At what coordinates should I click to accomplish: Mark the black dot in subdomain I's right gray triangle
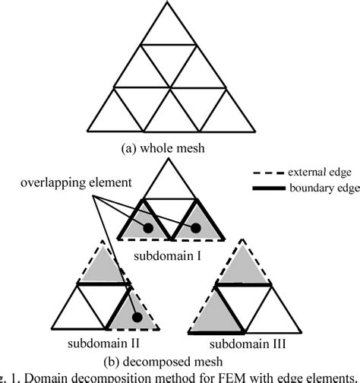tap(195, 228)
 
